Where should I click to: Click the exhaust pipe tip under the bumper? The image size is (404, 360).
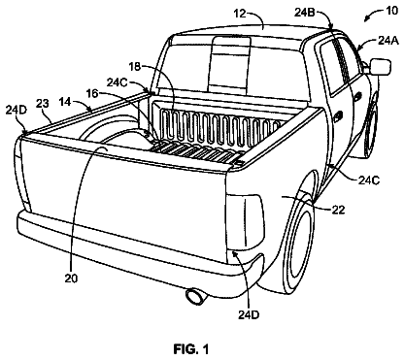point(195,297)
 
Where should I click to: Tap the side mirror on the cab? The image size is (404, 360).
point(380,66)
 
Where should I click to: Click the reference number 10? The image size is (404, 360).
point(392,11)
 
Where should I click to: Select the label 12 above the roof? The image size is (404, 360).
point(240,14)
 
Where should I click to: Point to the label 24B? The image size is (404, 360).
point(305,13)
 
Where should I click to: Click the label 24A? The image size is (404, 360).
point(388,41)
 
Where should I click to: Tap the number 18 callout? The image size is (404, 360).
point(135,67)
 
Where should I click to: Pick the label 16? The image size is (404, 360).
point(92,93)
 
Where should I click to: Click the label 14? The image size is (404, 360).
point(65,102)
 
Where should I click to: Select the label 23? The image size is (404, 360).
point(43,104)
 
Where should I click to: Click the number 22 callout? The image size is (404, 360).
point(338,210)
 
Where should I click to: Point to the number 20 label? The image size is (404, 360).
point(71,278)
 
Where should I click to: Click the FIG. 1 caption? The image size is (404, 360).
point(191,349)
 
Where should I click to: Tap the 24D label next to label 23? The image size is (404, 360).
point(17,110)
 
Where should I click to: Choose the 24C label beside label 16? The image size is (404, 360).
point(118,82)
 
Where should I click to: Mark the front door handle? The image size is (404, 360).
point(358,96)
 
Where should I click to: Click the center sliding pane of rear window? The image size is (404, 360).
point(230,65)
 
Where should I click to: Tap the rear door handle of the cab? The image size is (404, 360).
point(338,115)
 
